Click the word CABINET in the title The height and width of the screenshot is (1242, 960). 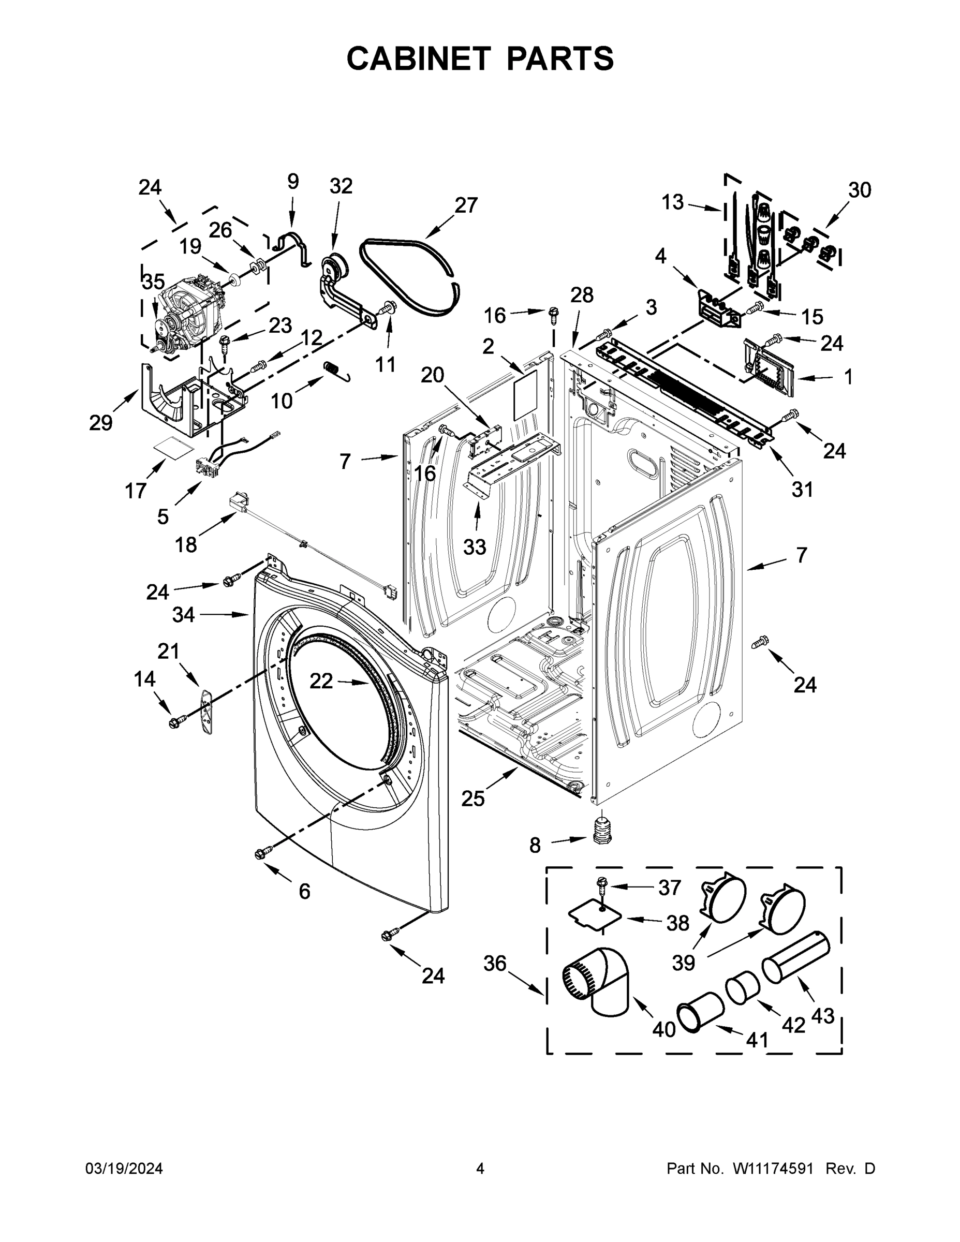[418, 58]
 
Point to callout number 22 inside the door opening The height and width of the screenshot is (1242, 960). [321, 681]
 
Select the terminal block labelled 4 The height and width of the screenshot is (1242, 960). [718, 308]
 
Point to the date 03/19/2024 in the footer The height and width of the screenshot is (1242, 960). [124, 1169]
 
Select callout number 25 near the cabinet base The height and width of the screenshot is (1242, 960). [472, 798]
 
